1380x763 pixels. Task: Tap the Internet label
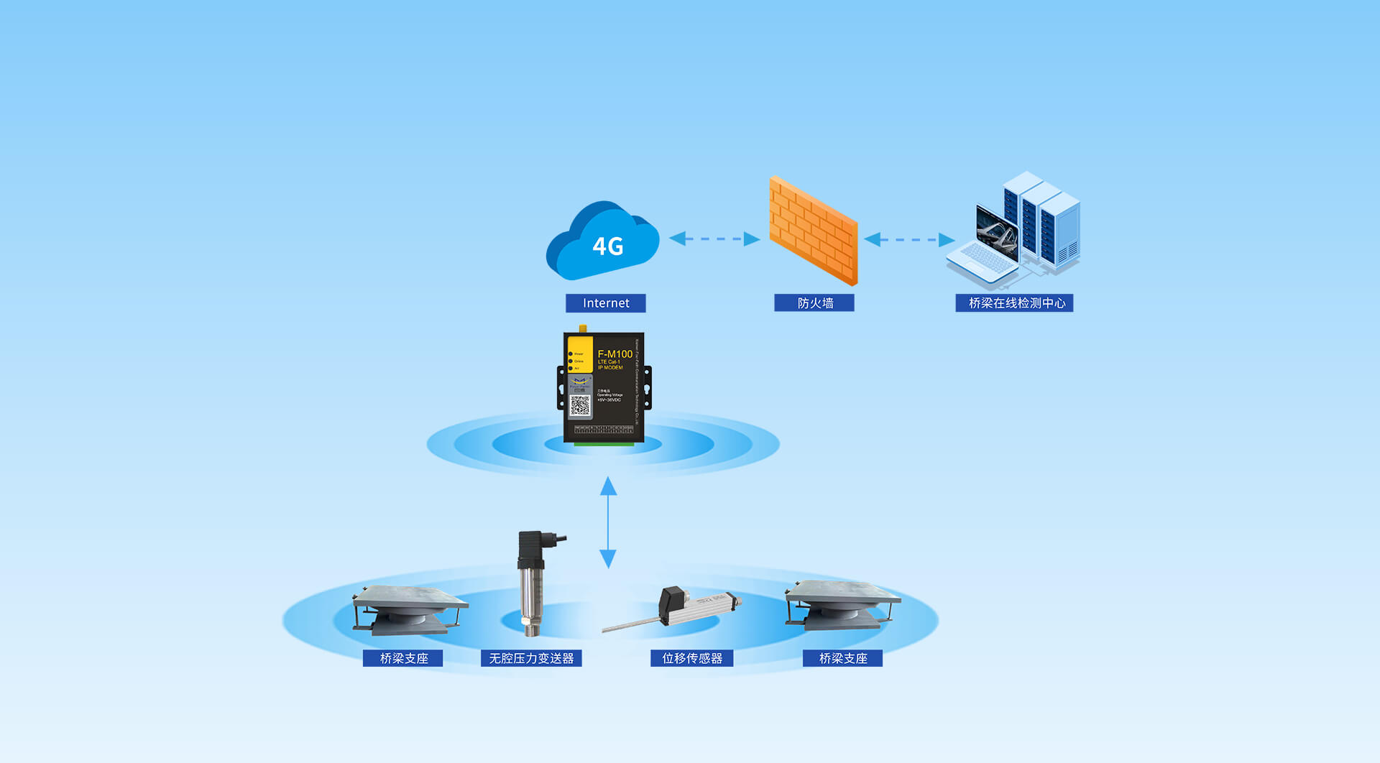(605, 303)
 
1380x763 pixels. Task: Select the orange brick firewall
(814, 230)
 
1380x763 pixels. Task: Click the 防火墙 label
(814, 303)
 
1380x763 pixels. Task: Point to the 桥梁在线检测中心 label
(1014, 303)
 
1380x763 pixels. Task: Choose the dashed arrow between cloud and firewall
(714, 239)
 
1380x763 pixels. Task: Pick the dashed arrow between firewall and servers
(909, 239)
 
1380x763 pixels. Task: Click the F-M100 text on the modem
(615, 354)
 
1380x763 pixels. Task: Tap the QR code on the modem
(580, 407)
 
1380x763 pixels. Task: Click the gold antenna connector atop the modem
(582, 329)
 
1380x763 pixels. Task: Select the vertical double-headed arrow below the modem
(608, 522)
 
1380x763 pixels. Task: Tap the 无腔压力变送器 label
(531, 658)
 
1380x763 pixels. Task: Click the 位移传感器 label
(691, 658)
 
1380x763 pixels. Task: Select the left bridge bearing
(408, 609)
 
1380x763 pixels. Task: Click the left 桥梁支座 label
(403, 658)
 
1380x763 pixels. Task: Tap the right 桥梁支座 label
(842, 658)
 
